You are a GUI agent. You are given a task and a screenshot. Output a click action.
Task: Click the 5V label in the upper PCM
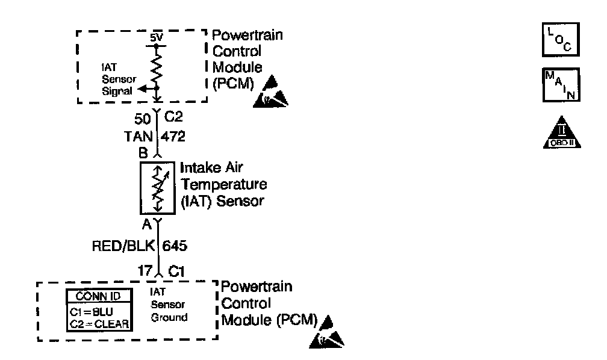coord(157,37)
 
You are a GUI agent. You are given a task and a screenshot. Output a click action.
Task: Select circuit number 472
coord(173,136)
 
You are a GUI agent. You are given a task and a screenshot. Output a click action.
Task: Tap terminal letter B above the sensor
coord(143,153)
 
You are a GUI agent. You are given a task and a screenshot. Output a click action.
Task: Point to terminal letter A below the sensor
coord(146,226)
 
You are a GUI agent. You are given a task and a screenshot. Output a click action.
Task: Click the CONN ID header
coord(99,296)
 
